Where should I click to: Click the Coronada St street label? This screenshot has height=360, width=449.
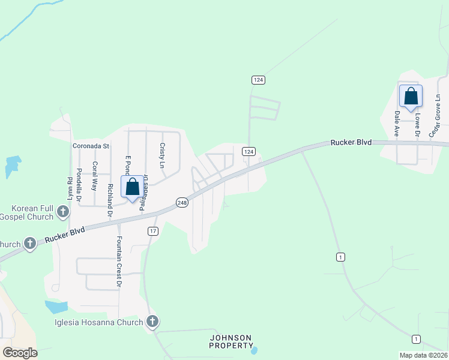pos(90,146)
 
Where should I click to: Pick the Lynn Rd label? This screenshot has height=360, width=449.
pos(70,189)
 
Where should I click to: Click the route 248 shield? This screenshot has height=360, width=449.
pos(182,203)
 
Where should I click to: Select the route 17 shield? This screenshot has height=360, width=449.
pos(153,231)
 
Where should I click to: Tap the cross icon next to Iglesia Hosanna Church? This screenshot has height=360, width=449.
pos(152,322)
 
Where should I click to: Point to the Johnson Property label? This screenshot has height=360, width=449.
pos(231,341)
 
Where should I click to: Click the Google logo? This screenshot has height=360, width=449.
pos(20,353)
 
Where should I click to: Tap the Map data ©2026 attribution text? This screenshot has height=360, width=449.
pos(423,355)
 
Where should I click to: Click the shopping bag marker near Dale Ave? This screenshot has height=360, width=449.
pos(411,96)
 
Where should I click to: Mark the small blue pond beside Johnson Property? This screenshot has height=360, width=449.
pos(255,350)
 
